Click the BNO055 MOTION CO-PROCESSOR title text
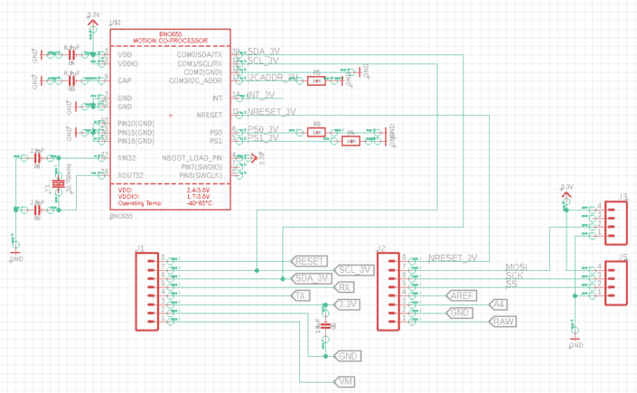click(x=171, y=38)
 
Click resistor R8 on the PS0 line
click(x=316, y=132)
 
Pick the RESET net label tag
click(x=309, y=260)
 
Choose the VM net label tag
click(x=345, y=382)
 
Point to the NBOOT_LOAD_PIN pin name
click(x=192, y=158)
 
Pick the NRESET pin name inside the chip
click(x=209, y=115)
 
